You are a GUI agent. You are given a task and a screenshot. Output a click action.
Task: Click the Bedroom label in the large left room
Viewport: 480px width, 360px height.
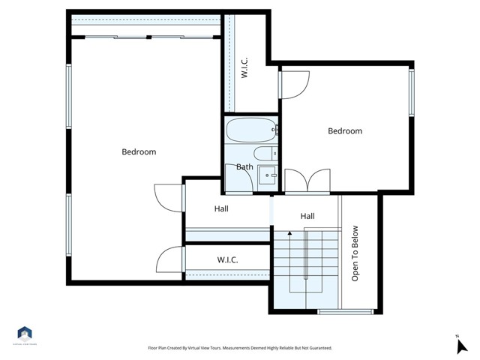pyautogui.click(x=139, y=152)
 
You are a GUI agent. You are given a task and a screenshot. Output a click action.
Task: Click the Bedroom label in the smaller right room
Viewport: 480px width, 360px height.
pyautogui.click(x=345, y=131)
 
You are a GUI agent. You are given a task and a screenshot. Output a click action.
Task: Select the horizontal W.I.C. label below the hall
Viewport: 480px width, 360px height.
pyautogui.click(x=227, y=260)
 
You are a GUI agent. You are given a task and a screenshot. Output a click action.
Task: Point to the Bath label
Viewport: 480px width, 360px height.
pyautogui.click(x=244, y=166)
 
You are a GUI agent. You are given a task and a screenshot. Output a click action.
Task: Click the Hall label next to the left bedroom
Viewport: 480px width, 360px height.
pyautogui.click(x=221, y=209)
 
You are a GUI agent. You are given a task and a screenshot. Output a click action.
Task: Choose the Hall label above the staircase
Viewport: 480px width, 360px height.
pyautogui.click(x=307, y=216)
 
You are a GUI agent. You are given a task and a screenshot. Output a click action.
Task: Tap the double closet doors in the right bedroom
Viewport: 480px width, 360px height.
pyautogui.click(x=307, y=181)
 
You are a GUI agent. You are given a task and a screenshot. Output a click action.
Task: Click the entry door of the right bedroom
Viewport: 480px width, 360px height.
pyautogui.click(x=295, y=83)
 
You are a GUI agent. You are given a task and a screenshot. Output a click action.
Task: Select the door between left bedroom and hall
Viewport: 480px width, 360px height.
pyautogui.click(x=168, y=197)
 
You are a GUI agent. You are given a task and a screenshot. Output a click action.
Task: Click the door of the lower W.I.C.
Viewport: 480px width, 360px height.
pyautogui.click(x=169, y=261)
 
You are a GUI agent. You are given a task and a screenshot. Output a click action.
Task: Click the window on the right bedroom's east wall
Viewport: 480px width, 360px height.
pyautogui.click(x=411, y=92)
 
